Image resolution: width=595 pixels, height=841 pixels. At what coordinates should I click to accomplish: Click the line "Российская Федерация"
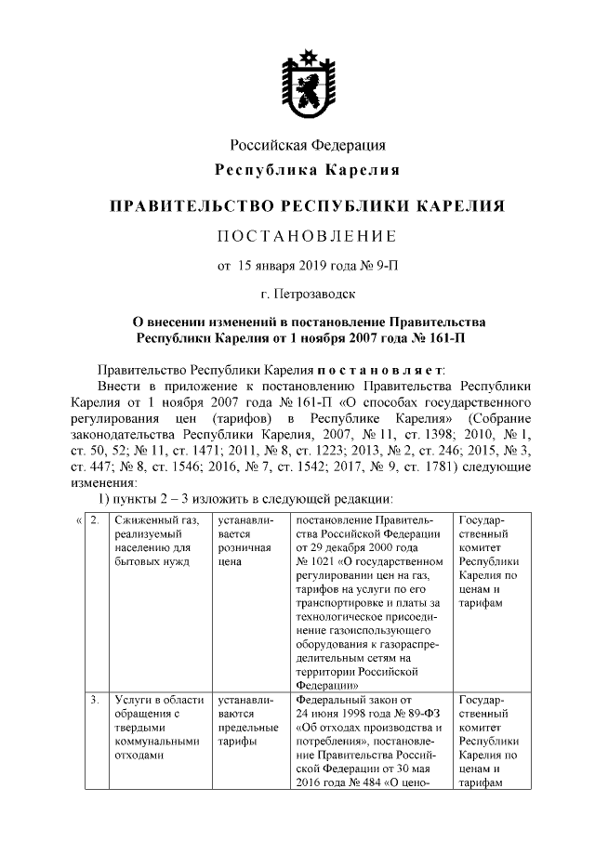point(308,145)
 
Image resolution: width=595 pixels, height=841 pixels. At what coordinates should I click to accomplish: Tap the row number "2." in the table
point(95,519)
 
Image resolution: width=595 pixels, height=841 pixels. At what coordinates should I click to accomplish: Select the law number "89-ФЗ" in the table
point(419,713)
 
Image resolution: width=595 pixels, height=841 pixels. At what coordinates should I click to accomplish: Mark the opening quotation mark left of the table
point(77,519)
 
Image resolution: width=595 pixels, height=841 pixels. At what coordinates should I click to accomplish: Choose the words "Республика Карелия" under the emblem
point(308,170)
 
